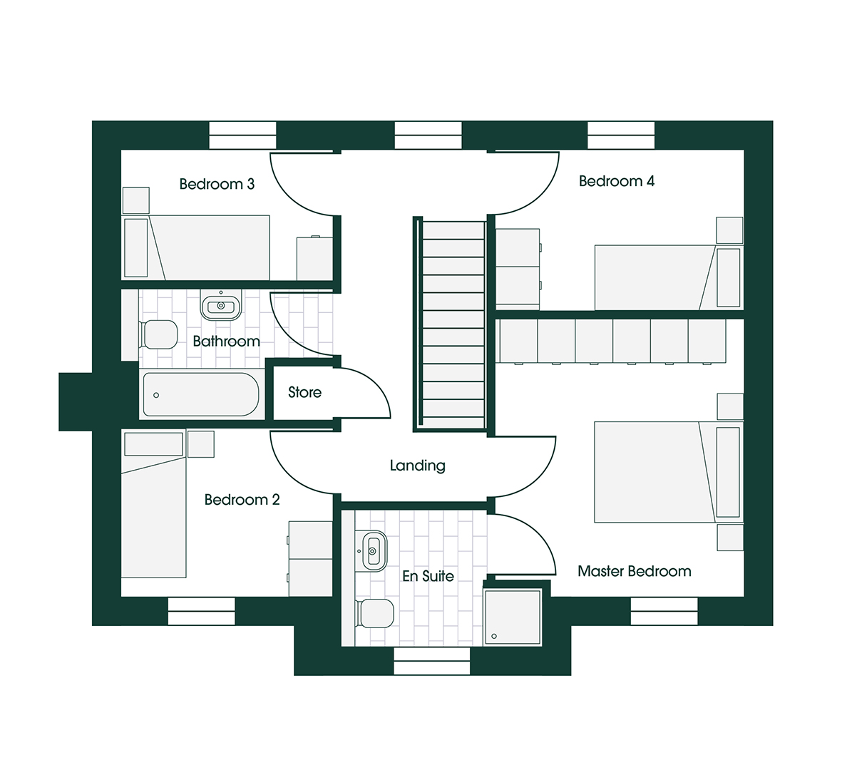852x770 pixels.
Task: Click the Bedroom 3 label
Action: point(217,184)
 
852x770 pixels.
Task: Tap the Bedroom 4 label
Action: point(616,181)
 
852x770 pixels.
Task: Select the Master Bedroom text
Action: point(634,571)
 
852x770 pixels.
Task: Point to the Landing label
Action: point(417,466)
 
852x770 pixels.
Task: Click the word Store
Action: point(304,392)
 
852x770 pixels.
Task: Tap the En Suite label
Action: point(428,576)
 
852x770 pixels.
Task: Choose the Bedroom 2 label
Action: point(242,500)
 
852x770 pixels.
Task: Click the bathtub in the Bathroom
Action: point(200,394)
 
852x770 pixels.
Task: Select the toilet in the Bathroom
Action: point(159,334)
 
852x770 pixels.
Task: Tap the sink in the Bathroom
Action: point(221,306)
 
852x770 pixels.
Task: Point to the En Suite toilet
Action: point(376,613)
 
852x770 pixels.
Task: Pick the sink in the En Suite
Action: point(374,550)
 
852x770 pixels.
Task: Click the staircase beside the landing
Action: point(452,324)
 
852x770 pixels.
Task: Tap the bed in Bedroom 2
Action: point(153,513)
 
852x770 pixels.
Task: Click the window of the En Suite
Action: point(431,662)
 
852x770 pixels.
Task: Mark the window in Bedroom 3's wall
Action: point(242,135)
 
